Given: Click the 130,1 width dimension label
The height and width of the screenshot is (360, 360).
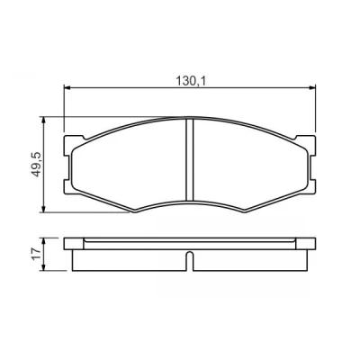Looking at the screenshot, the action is tap(190, 81).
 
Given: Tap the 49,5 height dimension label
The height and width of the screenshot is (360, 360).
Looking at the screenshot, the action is tap(37, 165).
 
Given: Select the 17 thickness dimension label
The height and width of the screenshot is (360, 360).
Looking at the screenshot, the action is tap(37, 255).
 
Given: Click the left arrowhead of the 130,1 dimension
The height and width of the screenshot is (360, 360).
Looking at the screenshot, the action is tap(67, 88).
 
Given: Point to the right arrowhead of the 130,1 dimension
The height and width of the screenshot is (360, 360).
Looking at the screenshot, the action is tap(313, 88).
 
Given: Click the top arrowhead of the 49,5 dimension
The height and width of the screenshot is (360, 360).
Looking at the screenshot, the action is tap(44, 120).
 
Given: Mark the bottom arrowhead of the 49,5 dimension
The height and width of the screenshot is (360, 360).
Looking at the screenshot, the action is tap(44, 209).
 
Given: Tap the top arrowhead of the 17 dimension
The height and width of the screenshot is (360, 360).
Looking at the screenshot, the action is tap(44, 241).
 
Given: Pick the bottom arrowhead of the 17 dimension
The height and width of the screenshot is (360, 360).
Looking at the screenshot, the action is tap(44, 267).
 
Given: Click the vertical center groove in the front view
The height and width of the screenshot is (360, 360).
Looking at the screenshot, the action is tap(190, 159).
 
